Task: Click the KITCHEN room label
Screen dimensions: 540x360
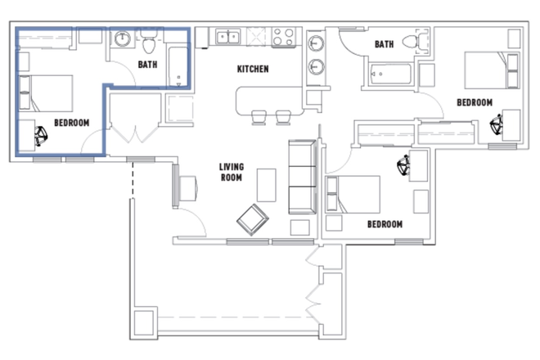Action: (x=253, y=69)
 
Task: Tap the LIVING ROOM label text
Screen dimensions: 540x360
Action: (x=232, y=173)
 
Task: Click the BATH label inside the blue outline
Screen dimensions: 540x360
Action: (x=147, y=65)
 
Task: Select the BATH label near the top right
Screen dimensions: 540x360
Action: (x=384, y=44)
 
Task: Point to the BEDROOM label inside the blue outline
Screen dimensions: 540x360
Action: (x=72, y=123)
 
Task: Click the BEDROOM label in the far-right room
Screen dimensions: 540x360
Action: (x=475, y=102)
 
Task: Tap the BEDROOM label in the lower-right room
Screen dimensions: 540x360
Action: (x=385, y=224)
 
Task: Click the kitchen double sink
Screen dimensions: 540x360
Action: (x=228, y=37)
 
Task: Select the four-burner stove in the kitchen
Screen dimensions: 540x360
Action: (x=283, y=37)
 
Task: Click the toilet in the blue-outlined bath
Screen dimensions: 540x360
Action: (x=149, y=42)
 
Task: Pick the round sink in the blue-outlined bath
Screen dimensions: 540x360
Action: (x=122, y=38)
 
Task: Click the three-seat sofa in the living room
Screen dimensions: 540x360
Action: (x=302, y=177)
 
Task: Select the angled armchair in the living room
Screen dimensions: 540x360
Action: (x=253, y=220)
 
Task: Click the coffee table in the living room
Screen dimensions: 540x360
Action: (x=267, y=185)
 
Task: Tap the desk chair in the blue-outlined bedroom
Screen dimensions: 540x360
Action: (x=41, y=136)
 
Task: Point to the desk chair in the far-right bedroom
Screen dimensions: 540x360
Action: (x=497, y=124)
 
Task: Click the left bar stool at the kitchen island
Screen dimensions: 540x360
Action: (x=259, y=118)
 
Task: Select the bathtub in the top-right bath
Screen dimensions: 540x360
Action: (x=390, y=74)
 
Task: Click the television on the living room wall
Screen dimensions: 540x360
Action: (x=175, y=186)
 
